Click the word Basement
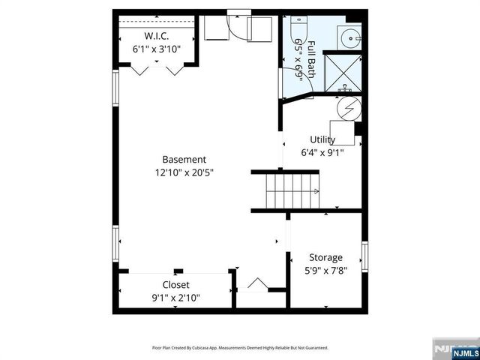point(184,159)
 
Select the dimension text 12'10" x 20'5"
point(184,172)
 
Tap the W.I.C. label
point(157,37)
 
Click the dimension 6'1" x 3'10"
point(157,49)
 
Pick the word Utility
point(322,139)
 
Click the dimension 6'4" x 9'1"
point(322,152)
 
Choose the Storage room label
point(325,257)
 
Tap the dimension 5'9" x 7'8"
point(325,271)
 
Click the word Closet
point(175,285)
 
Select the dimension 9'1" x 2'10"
point(175,298)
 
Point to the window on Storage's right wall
point(364,257)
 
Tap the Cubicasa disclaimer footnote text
point(240,347)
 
